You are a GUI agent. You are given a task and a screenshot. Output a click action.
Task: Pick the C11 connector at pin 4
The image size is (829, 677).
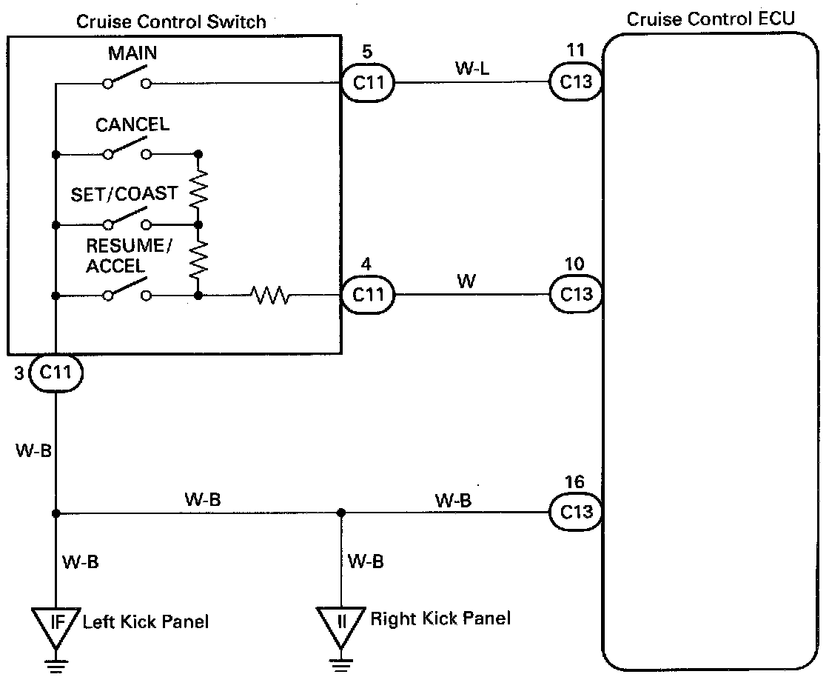368,295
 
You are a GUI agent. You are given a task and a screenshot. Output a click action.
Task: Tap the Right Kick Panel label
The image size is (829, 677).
440,618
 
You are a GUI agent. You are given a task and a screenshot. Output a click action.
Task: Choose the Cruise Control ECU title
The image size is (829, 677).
711,19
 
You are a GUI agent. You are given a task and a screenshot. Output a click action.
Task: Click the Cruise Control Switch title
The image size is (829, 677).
171,21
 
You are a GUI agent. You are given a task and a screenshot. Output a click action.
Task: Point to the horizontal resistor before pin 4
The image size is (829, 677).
271,296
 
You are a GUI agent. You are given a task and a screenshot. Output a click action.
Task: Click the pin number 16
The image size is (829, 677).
575,483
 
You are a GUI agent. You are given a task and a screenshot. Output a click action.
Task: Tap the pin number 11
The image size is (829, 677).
575,51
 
